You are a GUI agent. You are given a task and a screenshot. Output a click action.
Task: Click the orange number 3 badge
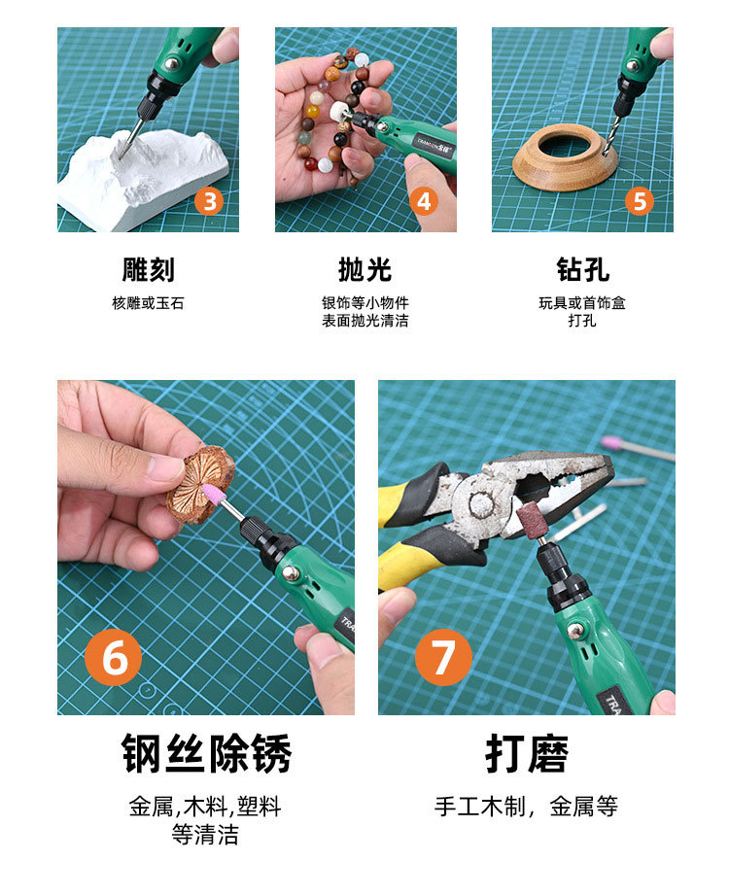[x=209, y=201]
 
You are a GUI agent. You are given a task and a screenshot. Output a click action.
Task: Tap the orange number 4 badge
[x=424, y=201]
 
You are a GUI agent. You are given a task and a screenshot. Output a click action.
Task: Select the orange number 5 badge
[x=640, y=201]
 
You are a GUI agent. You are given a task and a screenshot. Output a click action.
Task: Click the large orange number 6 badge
[x=114, y=657]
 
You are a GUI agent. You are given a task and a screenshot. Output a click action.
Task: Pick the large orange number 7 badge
[x=443, y=657]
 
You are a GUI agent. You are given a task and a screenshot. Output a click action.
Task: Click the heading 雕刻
[x=148, y=270]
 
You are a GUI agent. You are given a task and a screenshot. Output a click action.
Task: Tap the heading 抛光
[x=364, y=270]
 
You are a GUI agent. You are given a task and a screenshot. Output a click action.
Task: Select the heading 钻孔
[x=582, y=270]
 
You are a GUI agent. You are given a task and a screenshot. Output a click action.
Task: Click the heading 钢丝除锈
[x=206, y=754]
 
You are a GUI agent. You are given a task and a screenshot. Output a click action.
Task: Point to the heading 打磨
[x=527, y=754]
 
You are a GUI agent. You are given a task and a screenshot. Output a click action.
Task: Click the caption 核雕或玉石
[x=148, y=303]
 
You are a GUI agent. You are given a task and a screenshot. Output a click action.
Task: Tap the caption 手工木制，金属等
[x=526, y=807]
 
